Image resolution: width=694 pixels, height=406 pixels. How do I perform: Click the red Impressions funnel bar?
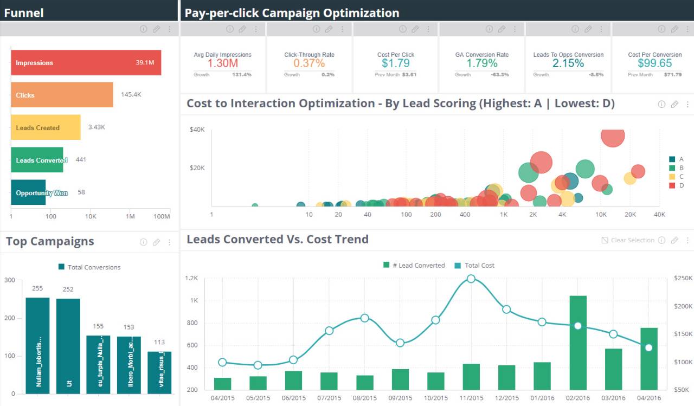(x=86, y=63)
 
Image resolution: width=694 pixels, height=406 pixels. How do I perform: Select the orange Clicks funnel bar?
(x=62, y=95)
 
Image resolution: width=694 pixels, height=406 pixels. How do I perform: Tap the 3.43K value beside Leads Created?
(x=97, y=127)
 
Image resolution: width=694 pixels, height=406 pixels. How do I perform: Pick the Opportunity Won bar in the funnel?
(x=28, y=192)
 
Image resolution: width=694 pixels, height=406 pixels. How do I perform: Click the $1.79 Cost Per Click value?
(x=396, y=63)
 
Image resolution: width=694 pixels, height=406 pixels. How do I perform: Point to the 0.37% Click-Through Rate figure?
(x=309, y=63)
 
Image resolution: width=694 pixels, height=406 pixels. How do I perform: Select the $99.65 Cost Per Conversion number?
(x=654, y=63)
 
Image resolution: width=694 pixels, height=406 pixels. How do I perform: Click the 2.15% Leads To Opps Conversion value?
(x=568, y=63)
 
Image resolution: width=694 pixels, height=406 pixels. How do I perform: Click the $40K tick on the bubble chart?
(x=197, y=130)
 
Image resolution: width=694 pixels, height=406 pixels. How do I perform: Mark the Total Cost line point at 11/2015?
(x=471, y=279)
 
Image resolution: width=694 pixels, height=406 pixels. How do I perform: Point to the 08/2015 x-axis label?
(x=364, y=398)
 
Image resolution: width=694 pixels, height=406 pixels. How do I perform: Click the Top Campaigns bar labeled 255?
(x=37, y=345)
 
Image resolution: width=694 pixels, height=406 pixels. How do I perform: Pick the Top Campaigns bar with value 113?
(x=159, y=372)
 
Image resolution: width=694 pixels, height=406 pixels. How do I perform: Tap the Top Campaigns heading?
(x=50, y=242)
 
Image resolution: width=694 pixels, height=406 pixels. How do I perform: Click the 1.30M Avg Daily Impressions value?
(x=222, y=63)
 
